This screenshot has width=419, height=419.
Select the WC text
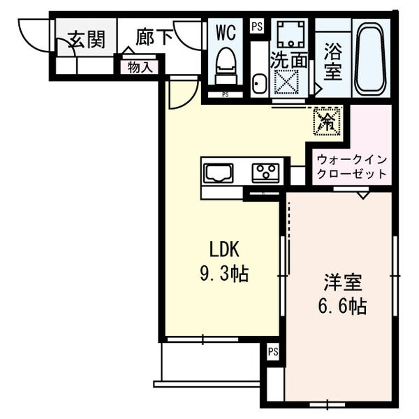(x=226, y=32)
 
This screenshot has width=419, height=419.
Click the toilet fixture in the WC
(x=226, y=66)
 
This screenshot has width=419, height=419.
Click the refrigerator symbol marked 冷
(x=327, y=121)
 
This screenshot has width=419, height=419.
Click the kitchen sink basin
(x=219, y=172)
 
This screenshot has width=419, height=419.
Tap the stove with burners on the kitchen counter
(x=265, y=172)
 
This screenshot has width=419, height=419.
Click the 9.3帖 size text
(x=222, y=274)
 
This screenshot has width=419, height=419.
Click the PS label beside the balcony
(x=272, y=352)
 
